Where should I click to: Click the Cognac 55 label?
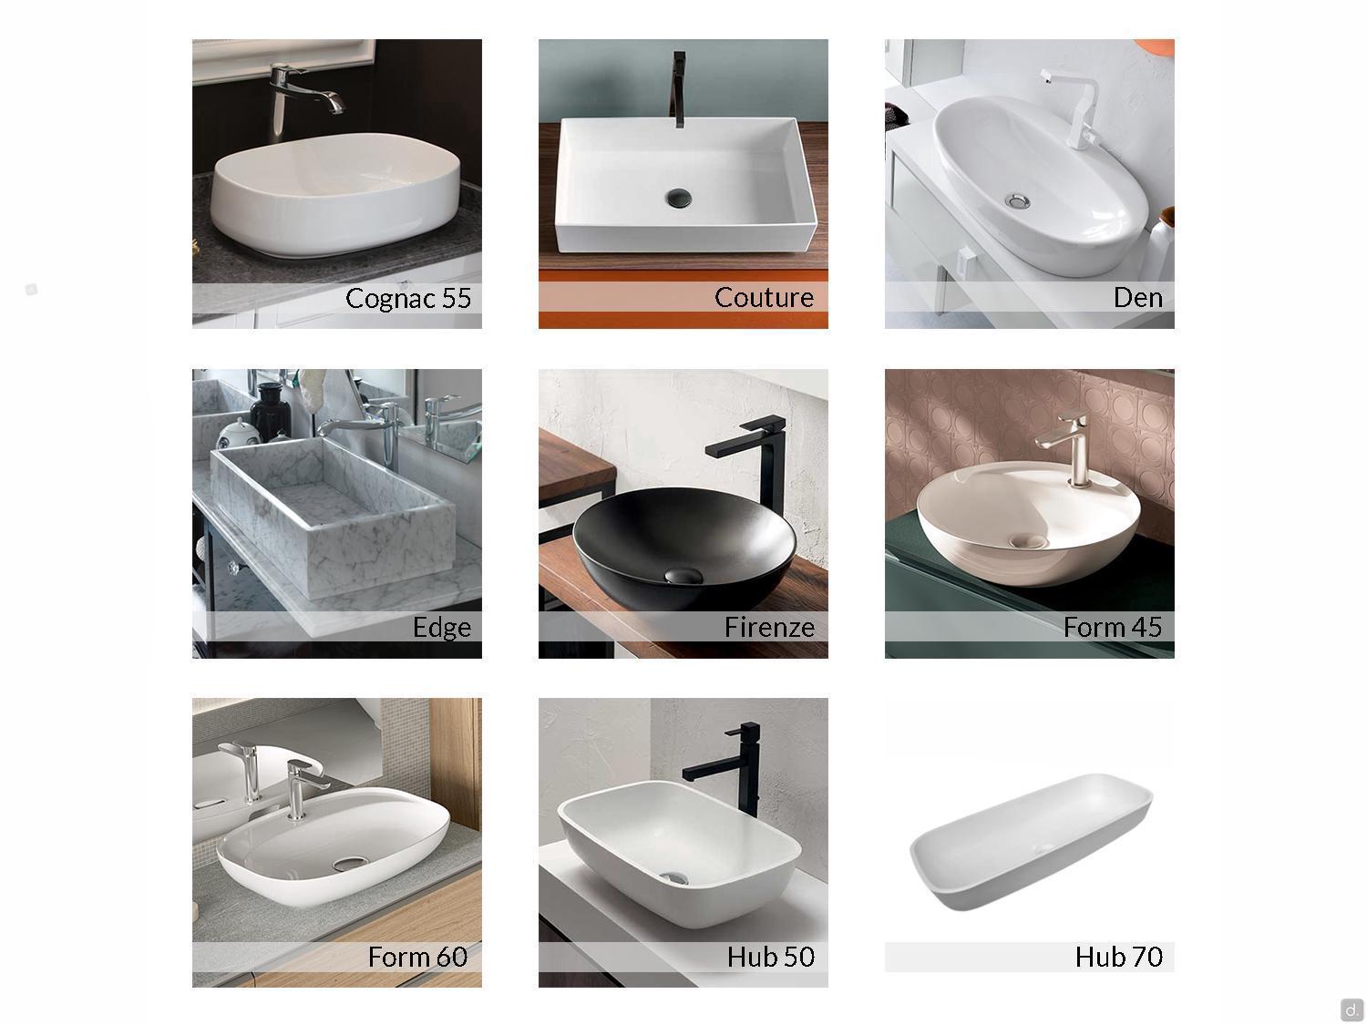408,298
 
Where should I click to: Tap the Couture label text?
764,298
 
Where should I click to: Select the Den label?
1137,298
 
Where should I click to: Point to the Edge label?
442,628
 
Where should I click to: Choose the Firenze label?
769,628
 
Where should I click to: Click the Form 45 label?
1113,628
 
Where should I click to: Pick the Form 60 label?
417,957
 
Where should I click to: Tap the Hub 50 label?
770,957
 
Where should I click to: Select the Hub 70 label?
1118,957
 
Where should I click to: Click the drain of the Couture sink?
678,198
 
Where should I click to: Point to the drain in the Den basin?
1016,201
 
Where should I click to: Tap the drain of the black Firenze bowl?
683,576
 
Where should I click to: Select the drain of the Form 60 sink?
351,863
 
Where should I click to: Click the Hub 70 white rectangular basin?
1031,840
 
